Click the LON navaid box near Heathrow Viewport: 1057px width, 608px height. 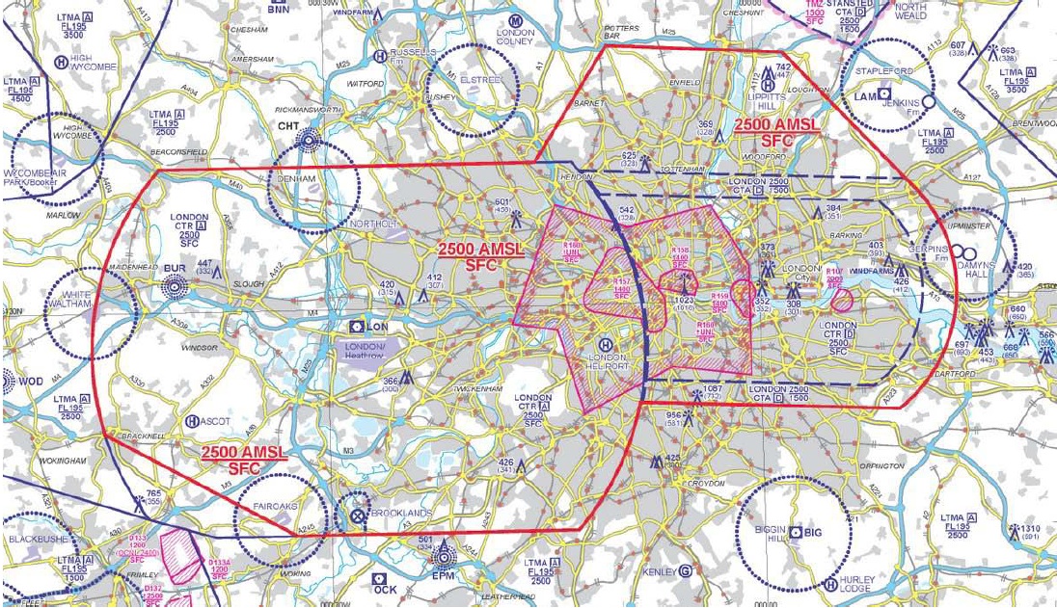tap(370, 328)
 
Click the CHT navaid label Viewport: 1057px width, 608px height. tap(287, 126)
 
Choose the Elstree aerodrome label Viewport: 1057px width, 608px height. tap(479, 80)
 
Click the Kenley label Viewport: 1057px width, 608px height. tap(661, 571)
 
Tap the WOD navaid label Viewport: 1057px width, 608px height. tap(31, 382)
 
